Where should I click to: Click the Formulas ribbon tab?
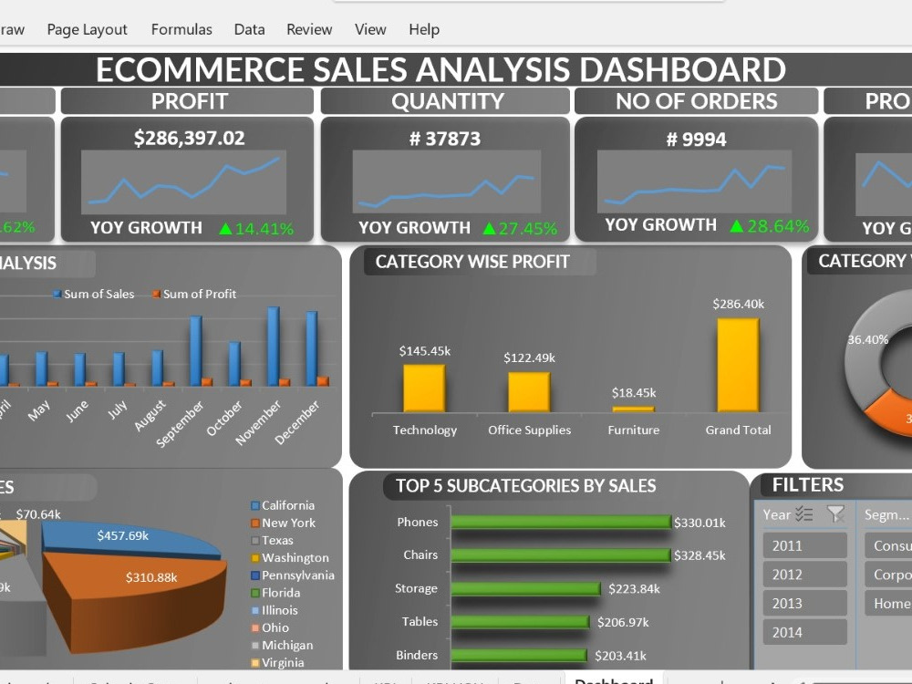[181, 29]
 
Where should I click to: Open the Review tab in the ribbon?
[309, 29]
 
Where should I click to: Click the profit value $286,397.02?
[189, 139]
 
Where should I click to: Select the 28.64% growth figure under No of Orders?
[777, 226]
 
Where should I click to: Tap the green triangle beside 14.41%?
[225, 229]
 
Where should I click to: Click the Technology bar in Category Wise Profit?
[424, 389]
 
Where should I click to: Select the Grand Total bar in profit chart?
[738, 365]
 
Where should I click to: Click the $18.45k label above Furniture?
[633, 392]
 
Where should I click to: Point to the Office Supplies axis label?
[529, 430]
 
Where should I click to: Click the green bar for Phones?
[561, 523]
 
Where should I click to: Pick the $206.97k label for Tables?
[623, 622]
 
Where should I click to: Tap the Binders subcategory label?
[417, 655]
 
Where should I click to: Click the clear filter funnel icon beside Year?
[835, 514]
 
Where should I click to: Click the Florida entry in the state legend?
[280, 593]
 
